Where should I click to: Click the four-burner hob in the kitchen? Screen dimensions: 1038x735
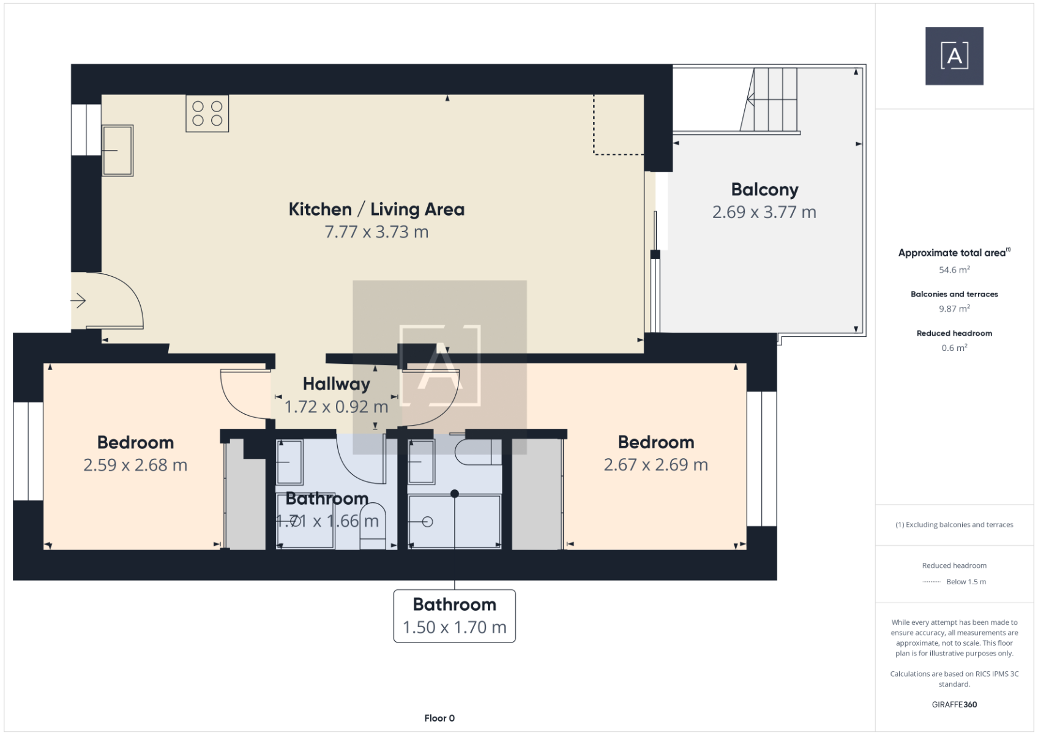pos(207,113)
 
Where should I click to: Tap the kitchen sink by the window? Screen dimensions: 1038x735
pos(118,150)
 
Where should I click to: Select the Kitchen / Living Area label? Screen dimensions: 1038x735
pos(376,209)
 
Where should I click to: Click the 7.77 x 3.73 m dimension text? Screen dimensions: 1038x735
pos(376,232)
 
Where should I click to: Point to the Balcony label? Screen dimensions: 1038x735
pos(764,189)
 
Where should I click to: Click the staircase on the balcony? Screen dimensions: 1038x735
pos(769,100)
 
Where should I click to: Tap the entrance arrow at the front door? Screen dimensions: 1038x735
pos(78,301)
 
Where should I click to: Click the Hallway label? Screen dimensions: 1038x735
pos(337,384)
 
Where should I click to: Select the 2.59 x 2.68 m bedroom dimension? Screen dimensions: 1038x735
pos(135,465)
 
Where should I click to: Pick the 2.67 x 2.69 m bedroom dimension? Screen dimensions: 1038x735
pos(655,464)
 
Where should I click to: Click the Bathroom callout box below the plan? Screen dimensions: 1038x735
pos(455,616)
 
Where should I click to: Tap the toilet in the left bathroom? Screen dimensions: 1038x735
pos(373,526)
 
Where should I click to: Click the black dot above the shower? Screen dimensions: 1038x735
pos(455,494)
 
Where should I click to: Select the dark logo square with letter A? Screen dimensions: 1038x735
pos(954,56)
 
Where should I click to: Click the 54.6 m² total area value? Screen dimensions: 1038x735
pos(954,269)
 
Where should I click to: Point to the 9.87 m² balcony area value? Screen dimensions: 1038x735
pos(954,308)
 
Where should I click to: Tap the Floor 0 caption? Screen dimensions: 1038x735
pos(439,718)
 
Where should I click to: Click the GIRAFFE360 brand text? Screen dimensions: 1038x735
pos(954,704)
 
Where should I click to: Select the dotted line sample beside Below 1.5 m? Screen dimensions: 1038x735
pos(932,581)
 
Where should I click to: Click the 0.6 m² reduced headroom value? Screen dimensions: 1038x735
pos(954,347)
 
